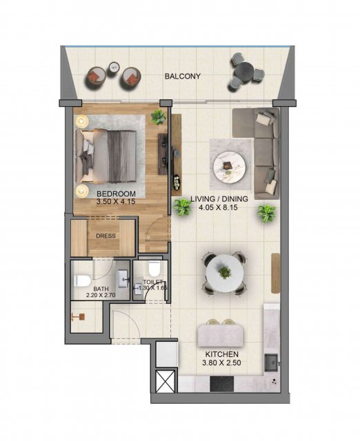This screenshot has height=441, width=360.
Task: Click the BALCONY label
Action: (182, 76)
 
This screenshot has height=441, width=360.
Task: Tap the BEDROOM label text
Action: (116, 194)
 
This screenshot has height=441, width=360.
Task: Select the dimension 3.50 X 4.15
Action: (116, 202)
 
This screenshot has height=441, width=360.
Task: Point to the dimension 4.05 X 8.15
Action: (219, 207)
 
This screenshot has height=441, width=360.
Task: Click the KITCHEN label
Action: (222, 354)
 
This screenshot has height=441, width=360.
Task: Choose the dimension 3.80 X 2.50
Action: (221, 363)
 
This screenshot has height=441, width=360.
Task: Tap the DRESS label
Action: (106, 236)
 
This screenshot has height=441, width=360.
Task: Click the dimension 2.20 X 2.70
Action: (101, 296)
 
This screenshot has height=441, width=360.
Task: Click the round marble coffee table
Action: (230, 166)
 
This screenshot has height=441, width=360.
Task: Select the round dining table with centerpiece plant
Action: (225, 274)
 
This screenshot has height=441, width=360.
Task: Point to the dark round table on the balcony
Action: (245, 71)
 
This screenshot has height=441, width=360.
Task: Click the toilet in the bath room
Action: (82, 280)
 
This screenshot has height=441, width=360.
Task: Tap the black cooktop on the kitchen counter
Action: (222, 384)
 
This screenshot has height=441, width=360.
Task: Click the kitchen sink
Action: (271, 363)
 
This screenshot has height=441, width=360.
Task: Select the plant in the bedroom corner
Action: (158, 117)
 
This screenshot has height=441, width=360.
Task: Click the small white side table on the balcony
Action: (114, 67)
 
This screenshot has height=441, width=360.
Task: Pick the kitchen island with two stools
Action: (220, 336)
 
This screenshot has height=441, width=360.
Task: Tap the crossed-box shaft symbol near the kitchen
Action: (166, 382)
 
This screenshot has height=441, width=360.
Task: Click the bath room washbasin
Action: (123, 278)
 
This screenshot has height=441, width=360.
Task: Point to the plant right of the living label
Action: (266, 213)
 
